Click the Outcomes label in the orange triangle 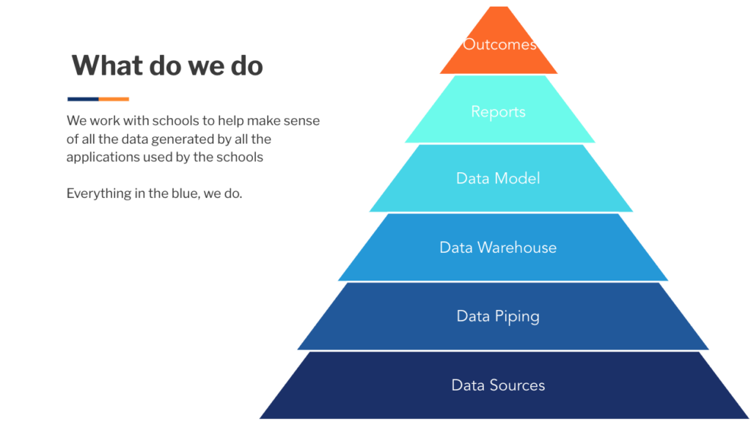point(499,45)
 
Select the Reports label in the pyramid point(498,112)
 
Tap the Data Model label point(498,179)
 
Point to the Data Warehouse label point(498,248)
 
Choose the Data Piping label point(498,316)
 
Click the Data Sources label point(498,385)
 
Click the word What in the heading point(106,65)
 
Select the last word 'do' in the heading point(247,65)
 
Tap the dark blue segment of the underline point(83,99)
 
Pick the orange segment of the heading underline point(114,99)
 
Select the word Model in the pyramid point(518,179)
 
